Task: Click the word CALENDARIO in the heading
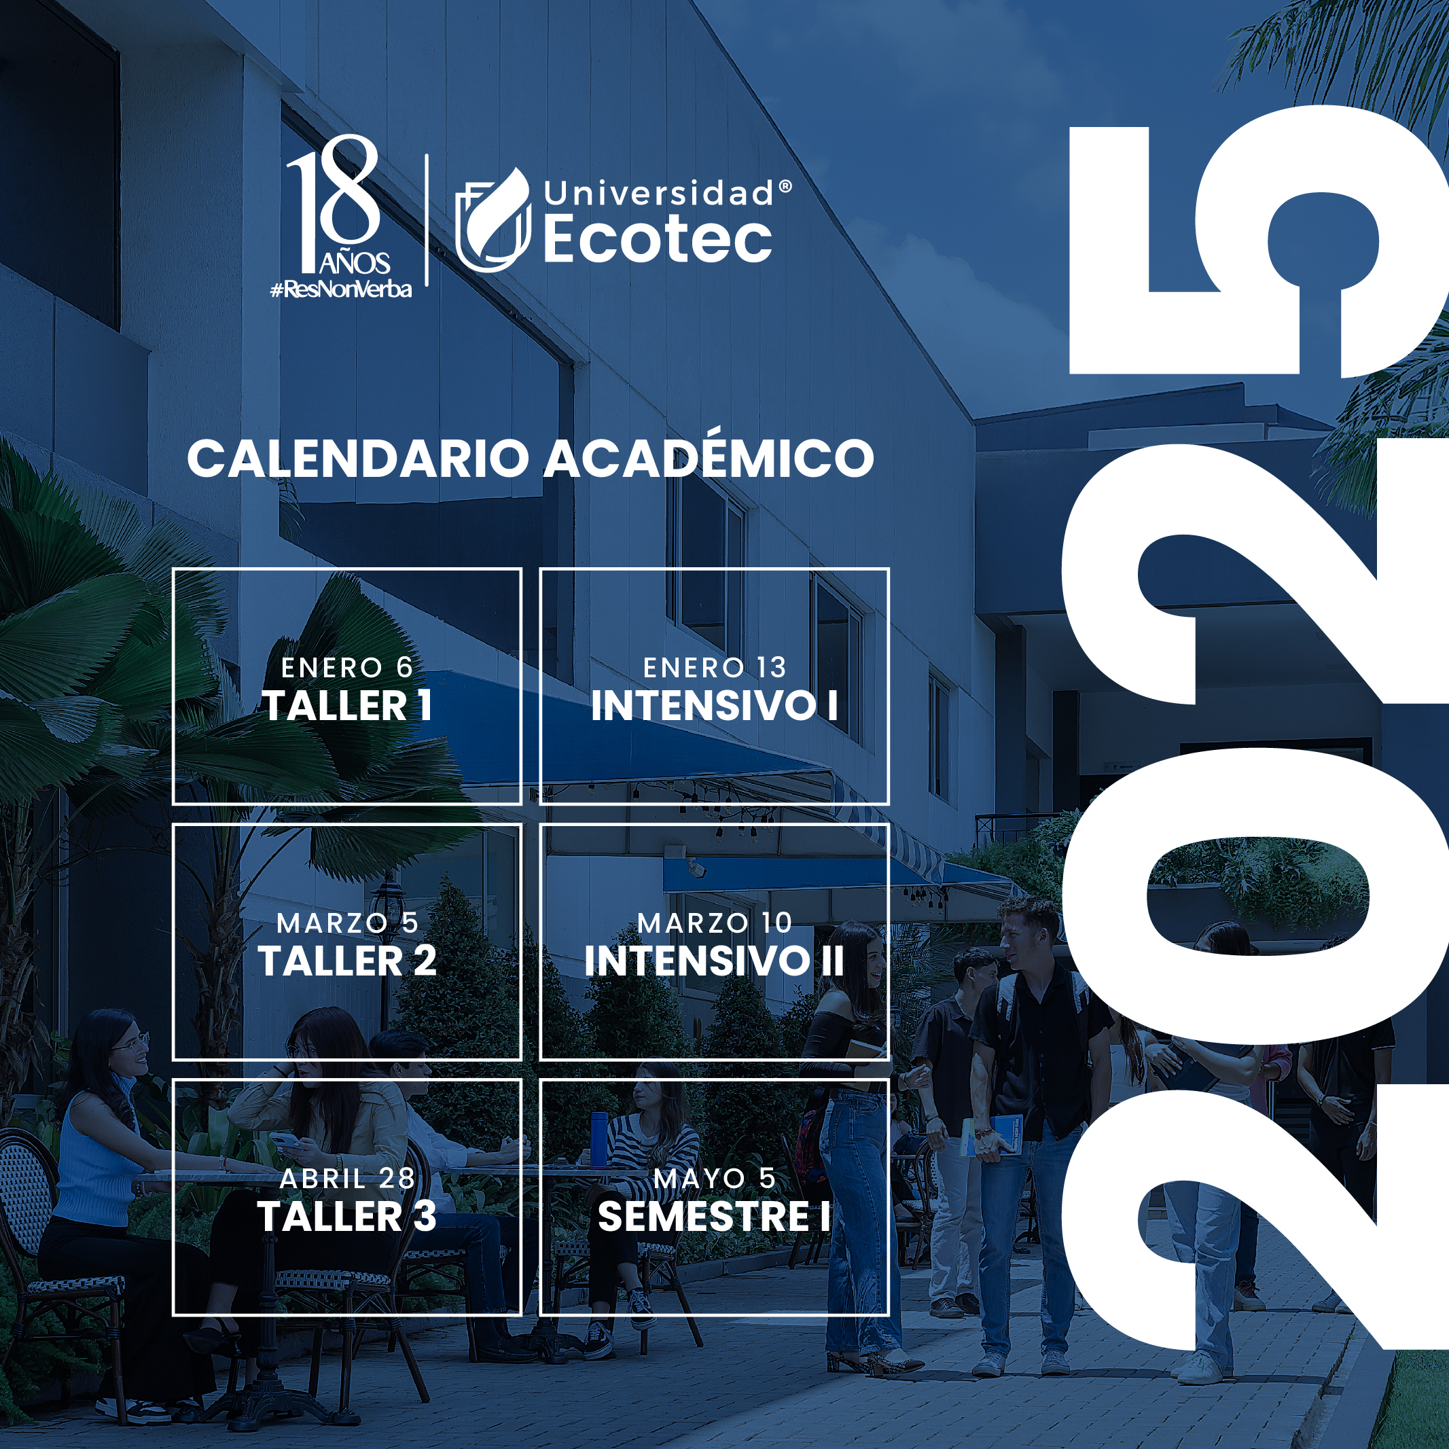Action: pyautogui.click(x=358, y=459)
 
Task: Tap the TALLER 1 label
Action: pyautogui.click(x=346, y=706)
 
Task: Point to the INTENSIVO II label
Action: pyautogui.click(x=714, y=961)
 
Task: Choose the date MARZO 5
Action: pyautogui.click(x=347, y=923)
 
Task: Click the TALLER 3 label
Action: pyautogui.click(x=346, y=1216)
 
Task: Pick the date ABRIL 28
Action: pyautogui.click(x=347, y=1178)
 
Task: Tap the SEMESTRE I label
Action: pyautogui.click(x=714, y=1216)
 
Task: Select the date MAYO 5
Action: pyautogui.click(x=714, y=1178)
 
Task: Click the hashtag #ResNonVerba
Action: pyautogui.click(x=341, y=289)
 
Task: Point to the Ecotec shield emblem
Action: pyautogui.click(x=493, y=219)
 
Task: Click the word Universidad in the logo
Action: pyautogui.click(x=658, y=194)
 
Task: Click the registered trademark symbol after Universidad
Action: pyautogui.click(x=785, y=185)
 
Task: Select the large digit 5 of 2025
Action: pyautogui.click(x=1259, y=240)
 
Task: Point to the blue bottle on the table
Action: pyautogui.click(x=598, y=1139)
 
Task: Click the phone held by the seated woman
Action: pyautogui.click(x=287, y=1140)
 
